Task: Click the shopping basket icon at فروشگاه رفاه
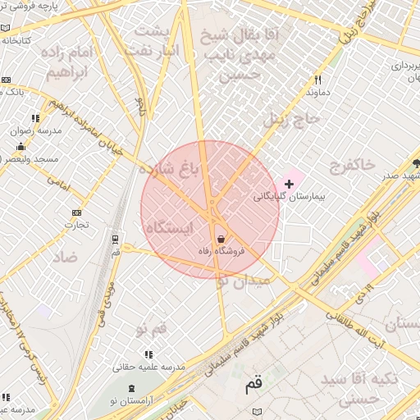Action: pyautogui.click(x=220, y=238)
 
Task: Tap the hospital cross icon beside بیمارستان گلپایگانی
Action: pyautogui.click(x=288, y=183)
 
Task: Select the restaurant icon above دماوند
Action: pyautogui.click(x=317, y=80)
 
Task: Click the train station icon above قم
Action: pyautogui.click(x=115, y=240)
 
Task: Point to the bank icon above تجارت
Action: pyautogui.click(x=77, y=212)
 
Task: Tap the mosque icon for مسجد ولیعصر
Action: pyautogui.click(x=21, y=146)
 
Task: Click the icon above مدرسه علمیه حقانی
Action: pyautogui.click(x=148, y=354)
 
